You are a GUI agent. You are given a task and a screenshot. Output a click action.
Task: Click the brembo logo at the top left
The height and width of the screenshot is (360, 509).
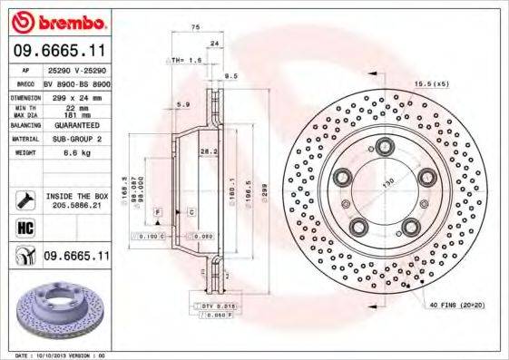(x=56, y=21)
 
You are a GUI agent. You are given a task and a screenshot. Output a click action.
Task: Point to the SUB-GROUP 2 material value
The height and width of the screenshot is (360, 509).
(x=75, y=141)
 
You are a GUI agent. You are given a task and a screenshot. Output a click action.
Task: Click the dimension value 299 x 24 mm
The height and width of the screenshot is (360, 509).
(x=74, y=95)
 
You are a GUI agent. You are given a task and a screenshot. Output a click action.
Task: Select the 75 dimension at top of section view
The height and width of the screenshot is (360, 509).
(x=195, y=29)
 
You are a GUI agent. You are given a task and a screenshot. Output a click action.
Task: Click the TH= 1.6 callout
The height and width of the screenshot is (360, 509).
(x=187, y=61)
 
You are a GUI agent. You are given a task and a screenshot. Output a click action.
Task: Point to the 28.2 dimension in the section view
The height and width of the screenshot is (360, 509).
(x=207, y=152)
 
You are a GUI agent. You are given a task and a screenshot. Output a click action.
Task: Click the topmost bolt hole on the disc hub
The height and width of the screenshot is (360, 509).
(x=385, y=144)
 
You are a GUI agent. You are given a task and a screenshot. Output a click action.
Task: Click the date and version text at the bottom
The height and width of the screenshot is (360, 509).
(x=57, y=355)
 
